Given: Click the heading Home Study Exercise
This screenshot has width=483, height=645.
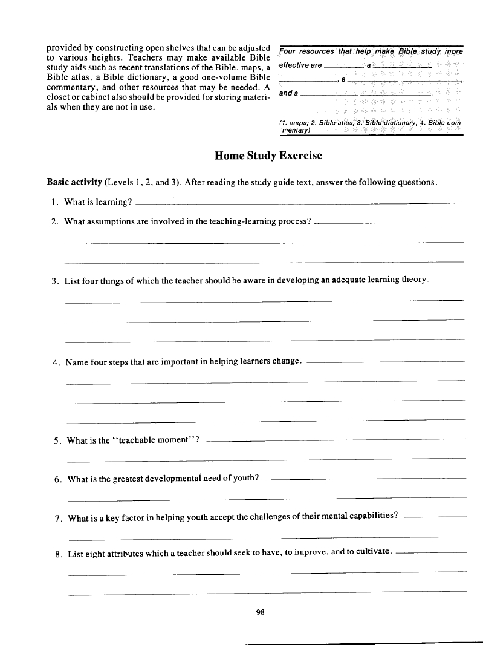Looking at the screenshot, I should [268, 156].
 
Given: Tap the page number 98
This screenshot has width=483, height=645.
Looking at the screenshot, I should [261, 612].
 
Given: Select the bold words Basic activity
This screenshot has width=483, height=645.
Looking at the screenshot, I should [74, 182].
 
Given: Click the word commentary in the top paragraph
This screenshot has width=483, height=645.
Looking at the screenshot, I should [75, 87].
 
